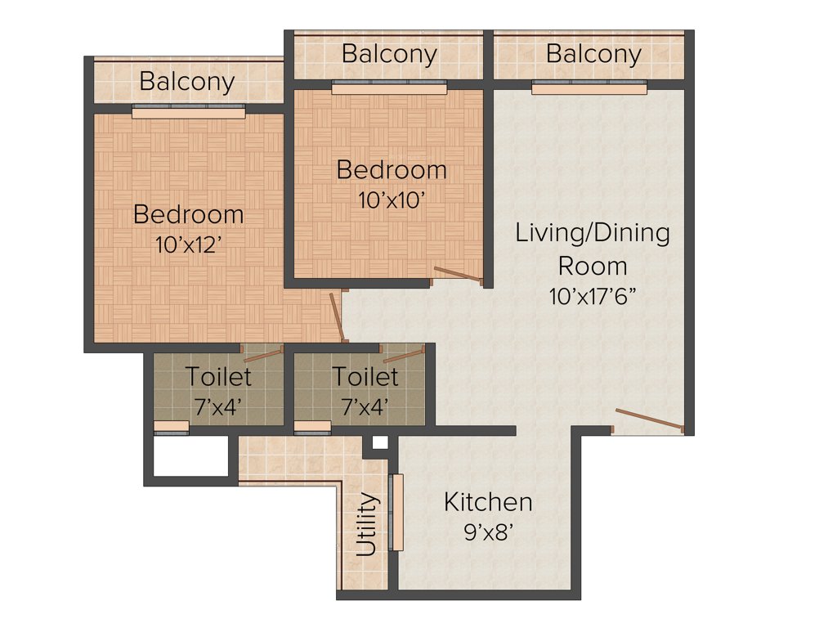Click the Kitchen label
coord(488,502)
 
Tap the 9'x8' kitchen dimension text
coord(488,533)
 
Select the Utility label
coord(368,524)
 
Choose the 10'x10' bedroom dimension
coord(392,200)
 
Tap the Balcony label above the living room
coord(593,55)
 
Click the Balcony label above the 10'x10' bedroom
coord(389,55)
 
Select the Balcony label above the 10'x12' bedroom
coord(186,82)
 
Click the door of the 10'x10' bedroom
coord(459,275)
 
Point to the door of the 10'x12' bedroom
coord(336,316)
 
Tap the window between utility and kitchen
coord(397,512)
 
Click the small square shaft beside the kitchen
coord(379,443)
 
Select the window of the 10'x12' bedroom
coord(188,112)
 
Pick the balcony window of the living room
coord(589,87)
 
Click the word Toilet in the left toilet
coord(218,377)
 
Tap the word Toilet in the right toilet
coord(365,377)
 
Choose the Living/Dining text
coord(593,233)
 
